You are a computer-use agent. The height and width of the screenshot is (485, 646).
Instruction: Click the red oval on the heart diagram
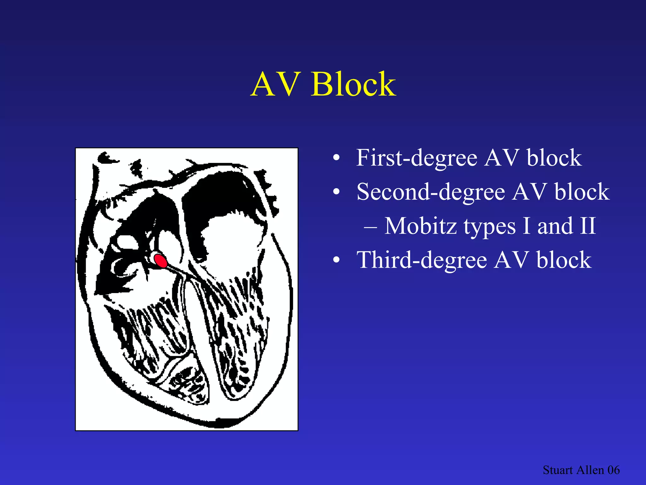pyautogui.click(x=161, y=261)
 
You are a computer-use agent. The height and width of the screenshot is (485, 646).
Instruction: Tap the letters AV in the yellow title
pyautogui.click(x=275, y=85)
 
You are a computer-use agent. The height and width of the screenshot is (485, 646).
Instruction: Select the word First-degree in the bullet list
pyautogui.click(x=417, y=158)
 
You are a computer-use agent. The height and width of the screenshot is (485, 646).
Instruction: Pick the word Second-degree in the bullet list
pyautogui.click(x=431, y=192)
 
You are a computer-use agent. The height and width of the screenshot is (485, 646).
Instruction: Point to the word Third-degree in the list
pyautogui.click(x=422, y=260)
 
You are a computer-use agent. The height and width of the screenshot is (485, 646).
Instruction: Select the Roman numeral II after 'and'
pyautogui.click(x=588, y=226)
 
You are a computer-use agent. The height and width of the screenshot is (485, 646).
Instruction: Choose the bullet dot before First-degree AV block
pyautogui.click(x=337, y=158)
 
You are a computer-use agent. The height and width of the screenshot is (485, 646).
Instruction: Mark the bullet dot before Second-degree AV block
pyautogui.click(x=337, y=192)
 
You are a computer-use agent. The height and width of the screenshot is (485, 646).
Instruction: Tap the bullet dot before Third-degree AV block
pyautogui.click(x=337, y=260)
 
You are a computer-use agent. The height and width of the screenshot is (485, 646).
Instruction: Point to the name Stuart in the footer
pyautogui.click(x=558, y=470)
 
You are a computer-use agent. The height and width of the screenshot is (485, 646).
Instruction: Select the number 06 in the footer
pyautogui.click(x=614, y=470)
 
